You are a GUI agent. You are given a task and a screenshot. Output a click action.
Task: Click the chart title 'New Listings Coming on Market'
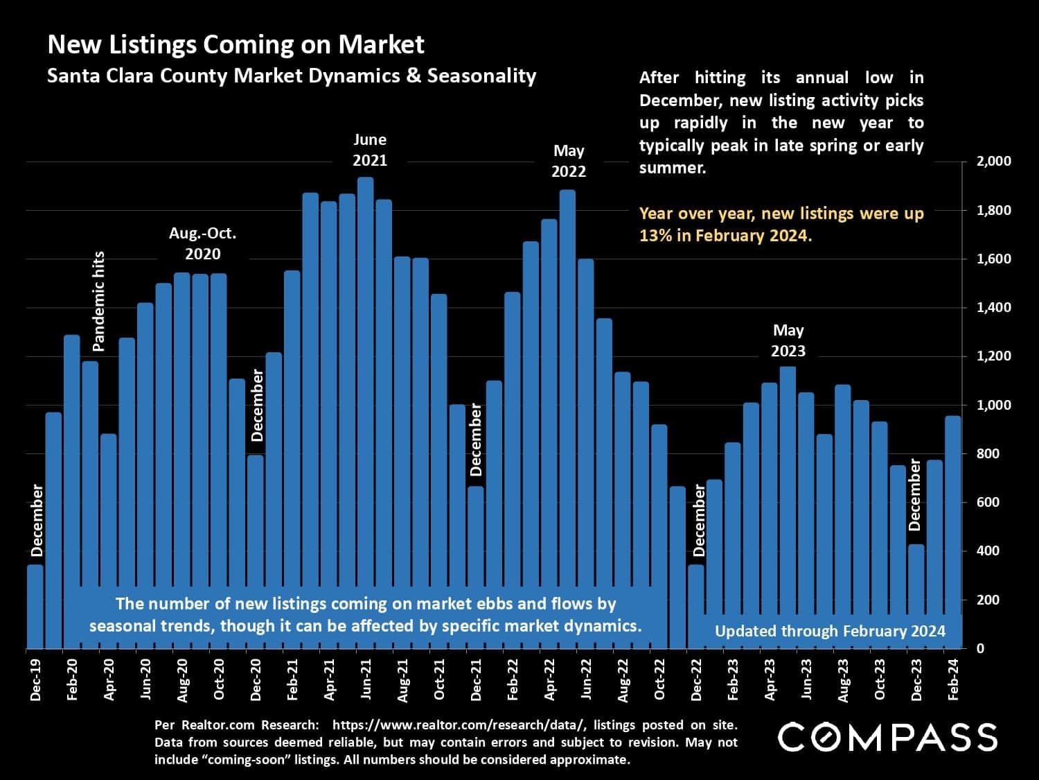(x=236, y=44)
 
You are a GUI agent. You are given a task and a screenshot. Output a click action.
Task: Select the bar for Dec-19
(x=35, y=606)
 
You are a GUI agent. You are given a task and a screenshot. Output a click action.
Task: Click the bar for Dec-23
(x=916, y=596)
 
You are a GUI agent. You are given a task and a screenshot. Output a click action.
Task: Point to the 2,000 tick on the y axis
(x=993, y=162)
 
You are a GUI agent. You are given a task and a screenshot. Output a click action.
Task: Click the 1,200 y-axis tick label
(x=993, y=356)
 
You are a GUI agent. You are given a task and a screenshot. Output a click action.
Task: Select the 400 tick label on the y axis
(x=989, y=551)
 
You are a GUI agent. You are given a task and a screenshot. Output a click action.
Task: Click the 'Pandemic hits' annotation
(x=98, y=301)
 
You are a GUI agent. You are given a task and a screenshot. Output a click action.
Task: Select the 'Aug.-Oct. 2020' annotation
(x=202, y=243)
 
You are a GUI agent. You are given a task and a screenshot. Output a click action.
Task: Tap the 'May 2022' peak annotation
(x=569, y=161)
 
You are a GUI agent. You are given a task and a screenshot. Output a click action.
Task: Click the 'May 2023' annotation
(x=788, y=340)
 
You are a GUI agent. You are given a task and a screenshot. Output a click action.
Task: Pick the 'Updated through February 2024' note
(x=830, y=631)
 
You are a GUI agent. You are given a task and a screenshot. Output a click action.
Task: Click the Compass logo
(x=887, y=737)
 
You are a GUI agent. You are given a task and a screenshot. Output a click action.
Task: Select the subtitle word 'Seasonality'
(x=481, y=76)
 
